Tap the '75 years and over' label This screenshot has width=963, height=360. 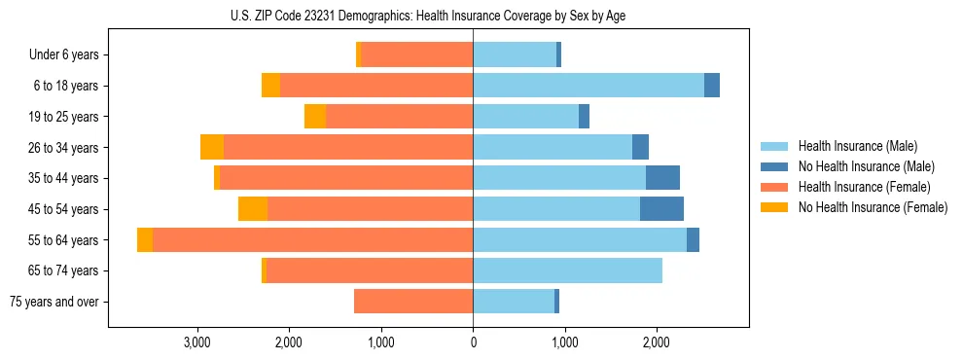coord(54,302)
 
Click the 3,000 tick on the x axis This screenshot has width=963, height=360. coord(197,342)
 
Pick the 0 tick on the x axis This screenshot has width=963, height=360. coord(474,342)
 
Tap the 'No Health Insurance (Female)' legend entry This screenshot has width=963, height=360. coord(873,207)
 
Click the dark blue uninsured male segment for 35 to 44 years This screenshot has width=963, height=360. coord(662,178)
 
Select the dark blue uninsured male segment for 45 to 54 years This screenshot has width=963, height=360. coord(661,209)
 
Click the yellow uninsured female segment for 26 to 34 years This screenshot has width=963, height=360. coord(212,148)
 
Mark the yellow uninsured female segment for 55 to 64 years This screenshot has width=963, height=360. coord(145,240)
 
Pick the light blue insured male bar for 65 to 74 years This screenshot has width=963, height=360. coord(568,270)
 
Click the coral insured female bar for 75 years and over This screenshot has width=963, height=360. coord(413,302)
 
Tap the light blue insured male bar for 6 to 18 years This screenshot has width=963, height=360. coord(588,86)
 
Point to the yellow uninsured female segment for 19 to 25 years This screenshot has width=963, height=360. coord(315,117)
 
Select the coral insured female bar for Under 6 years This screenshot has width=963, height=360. coord(417,55)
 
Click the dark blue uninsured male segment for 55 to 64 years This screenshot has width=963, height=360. coord(693,240)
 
